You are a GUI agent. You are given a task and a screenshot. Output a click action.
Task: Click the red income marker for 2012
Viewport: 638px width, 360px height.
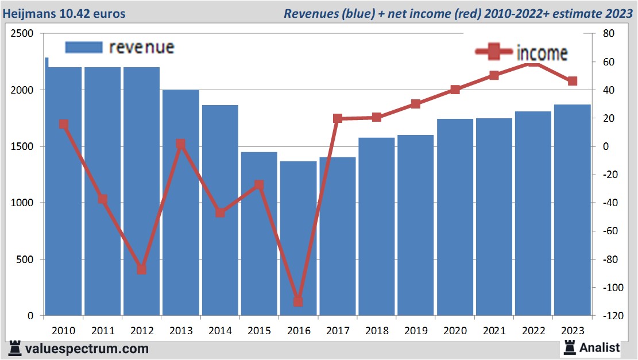pos(141,269)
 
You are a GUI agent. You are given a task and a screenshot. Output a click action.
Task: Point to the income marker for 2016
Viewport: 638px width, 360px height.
pos(298,301)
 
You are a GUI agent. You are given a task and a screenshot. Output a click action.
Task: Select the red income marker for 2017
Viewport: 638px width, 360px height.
pos(338,118)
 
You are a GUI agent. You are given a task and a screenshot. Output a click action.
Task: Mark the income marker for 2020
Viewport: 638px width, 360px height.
pos(455,90)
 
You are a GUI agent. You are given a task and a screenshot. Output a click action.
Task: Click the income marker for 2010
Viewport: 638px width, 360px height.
pos(63,124)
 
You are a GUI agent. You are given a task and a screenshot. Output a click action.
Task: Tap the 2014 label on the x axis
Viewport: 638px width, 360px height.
pos(220,331)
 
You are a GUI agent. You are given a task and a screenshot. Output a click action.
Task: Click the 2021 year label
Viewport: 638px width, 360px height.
pos(494,331)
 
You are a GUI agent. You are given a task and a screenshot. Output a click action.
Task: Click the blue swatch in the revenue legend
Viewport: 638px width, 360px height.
pos(83,47)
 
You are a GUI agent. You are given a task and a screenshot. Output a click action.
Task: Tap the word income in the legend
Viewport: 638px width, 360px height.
pos(542,53)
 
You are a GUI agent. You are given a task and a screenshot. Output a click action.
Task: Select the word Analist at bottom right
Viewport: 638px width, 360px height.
pos(600,347)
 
